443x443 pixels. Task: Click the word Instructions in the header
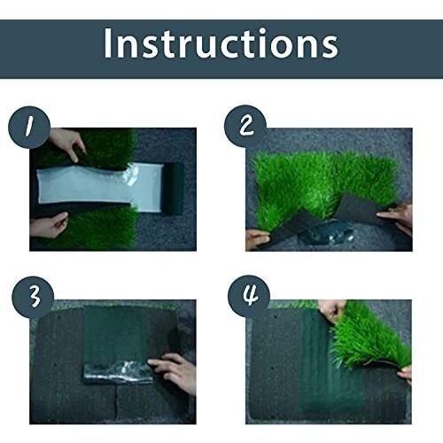(221, 43)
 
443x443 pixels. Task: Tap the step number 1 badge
(29, 128)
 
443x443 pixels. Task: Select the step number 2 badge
(245, 127)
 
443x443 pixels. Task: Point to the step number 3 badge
(33, 297)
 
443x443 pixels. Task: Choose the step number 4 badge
(249, 296)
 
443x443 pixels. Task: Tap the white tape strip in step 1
(100, 188)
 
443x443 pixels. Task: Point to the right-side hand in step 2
(397, 218)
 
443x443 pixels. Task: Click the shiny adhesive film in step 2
(326, 232)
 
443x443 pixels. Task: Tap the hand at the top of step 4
(332, 311)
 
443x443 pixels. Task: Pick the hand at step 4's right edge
(405, 375)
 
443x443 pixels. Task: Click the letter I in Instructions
(108, 43)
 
